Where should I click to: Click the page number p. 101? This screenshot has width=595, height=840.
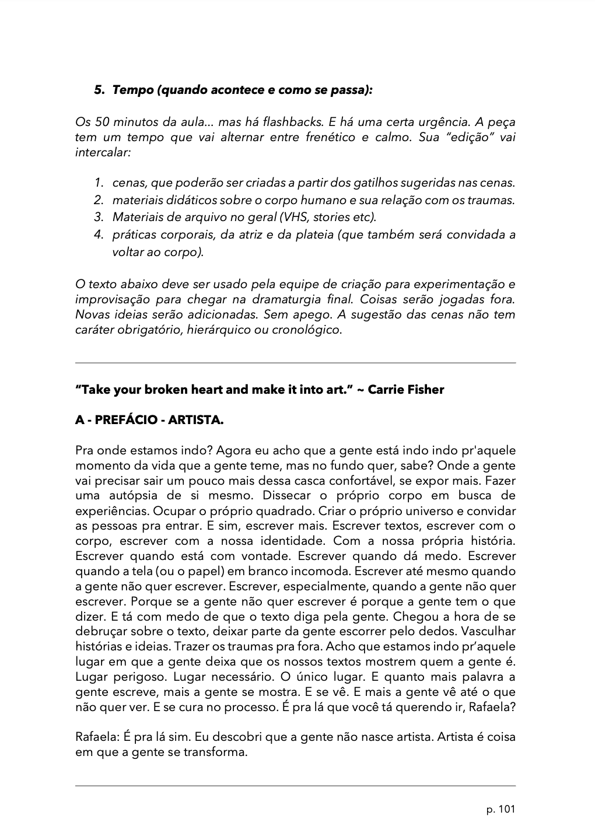pos(501,809)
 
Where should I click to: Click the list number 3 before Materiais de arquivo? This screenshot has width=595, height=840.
pos(99,218)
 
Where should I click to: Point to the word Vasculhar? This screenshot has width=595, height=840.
pos(489,632)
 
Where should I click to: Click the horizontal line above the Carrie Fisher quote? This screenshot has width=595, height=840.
pos(295,363)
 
